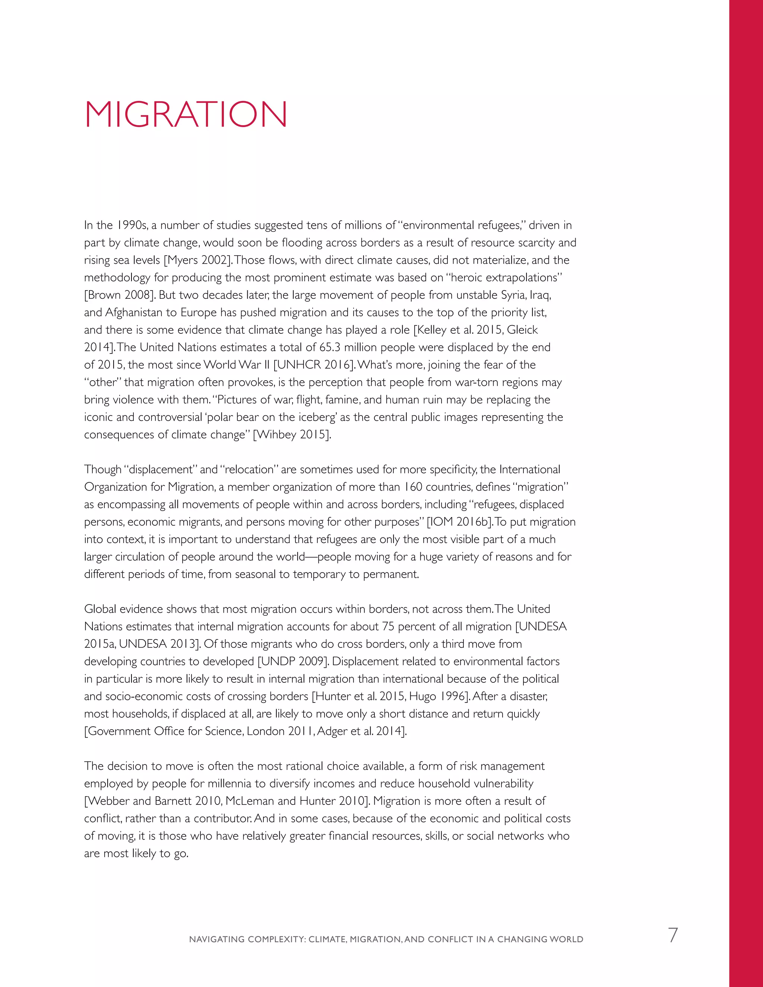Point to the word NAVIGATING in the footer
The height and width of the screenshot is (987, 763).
(216, 940)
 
